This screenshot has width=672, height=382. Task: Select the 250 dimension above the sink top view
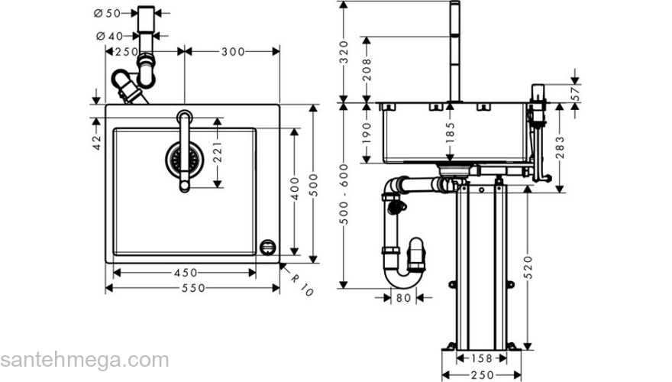click(x=126, y=51)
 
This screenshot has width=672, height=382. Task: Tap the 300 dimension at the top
click(x=233, y=51)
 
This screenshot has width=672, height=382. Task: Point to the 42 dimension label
click(x=97, y=143)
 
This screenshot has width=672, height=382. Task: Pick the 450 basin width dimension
click(x=185, y=273)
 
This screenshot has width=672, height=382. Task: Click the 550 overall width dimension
click(x=192, y=288)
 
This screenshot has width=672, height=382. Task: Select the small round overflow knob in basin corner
click(x=267, y=246)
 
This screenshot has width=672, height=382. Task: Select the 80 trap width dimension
click(x=404, y=297)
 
